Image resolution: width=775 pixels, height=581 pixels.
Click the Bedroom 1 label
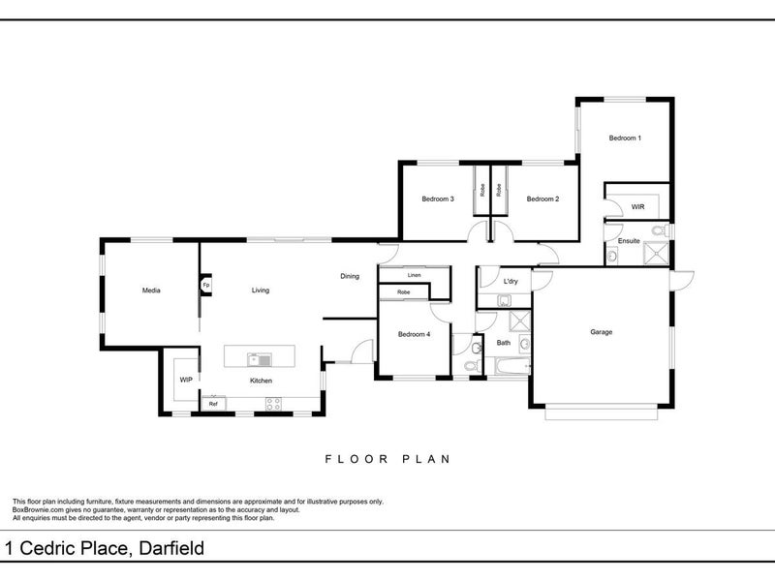pos(625,138)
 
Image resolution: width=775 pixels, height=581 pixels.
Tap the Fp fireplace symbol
pos(206,285)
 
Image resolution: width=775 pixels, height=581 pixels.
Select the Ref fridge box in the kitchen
pos(213,403)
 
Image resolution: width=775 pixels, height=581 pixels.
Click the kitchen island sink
pos(260,359)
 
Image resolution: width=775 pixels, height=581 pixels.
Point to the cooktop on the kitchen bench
pos(273,404)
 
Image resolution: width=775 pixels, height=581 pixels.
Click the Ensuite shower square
pos(656,254)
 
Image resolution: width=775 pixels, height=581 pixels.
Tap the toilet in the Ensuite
pos(660,230)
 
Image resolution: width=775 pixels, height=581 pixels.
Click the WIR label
pos(637,206)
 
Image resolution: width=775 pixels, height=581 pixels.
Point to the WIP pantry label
pos(186,380)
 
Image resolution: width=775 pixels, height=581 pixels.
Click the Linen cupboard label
pos(415,275)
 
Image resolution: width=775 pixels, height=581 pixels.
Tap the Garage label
pos(601,332)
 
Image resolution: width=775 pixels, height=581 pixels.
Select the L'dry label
pos(511,281)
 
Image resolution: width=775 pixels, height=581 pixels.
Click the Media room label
pos(151,290)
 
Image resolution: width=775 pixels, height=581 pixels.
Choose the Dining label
pos(350,276)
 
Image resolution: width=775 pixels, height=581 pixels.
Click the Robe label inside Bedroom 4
pos(403,292)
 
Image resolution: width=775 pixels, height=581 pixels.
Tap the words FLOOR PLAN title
pos(387,459)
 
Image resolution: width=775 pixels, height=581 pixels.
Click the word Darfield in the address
pos(171,548)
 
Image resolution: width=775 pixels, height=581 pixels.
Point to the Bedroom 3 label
pos(438,199)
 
